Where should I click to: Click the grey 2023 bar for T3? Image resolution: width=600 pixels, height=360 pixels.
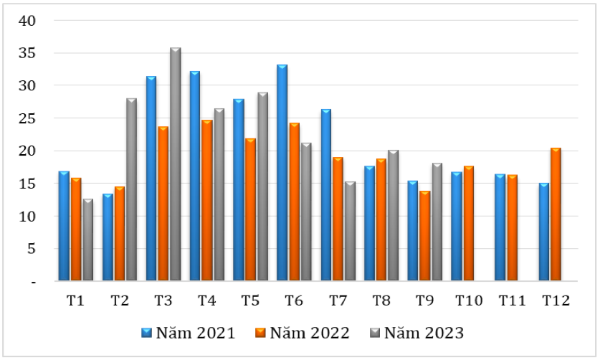(175, 164)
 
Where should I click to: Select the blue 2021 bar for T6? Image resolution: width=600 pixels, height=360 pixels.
(282, 173)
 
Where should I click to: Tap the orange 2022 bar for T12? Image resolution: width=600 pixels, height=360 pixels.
(556, 214)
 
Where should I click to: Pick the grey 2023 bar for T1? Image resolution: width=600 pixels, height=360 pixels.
(87, 240)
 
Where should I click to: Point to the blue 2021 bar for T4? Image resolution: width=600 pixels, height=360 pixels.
(195, 176)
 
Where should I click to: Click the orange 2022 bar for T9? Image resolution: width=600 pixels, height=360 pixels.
(424, 236)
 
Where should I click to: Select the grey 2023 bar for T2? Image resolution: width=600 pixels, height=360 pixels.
(131, 189)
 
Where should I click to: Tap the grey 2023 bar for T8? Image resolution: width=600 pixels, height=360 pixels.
(393, 215)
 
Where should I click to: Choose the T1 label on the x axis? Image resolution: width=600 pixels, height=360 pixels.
(75, 301)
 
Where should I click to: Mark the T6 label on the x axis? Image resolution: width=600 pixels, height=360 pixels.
(294, 301)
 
